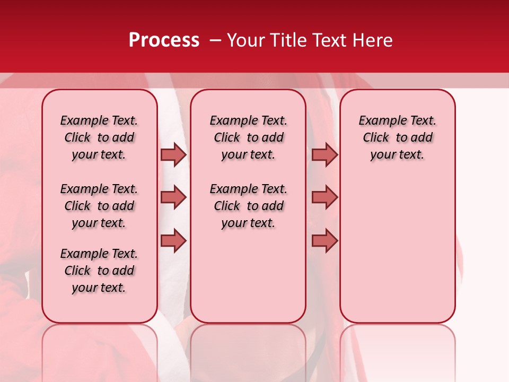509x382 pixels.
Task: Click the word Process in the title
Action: click(164, 40)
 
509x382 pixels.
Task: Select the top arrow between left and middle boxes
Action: click(173, 155)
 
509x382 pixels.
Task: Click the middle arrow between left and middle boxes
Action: click(173, 197)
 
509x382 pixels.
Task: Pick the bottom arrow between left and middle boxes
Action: click(173, 241)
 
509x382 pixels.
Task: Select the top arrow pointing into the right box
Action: click(324, 155)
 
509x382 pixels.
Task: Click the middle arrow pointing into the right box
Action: click(324, 197)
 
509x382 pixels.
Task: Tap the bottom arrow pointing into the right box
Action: click(324, 241)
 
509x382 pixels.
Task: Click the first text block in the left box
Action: click(99, 138)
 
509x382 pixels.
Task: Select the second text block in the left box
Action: click(99, 206)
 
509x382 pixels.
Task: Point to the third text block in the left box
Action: click(99, 271)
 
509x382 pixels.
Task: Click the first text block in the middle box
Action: click(248, 138)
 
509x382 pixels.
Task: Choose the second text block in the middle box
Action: click(248, 206)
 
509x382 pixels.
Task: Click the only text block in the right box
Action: click(397, 138)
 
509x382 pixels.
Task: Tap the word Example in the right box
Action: click(379, 121)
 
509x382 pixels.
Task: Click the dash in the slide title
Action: click(215, 40)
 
